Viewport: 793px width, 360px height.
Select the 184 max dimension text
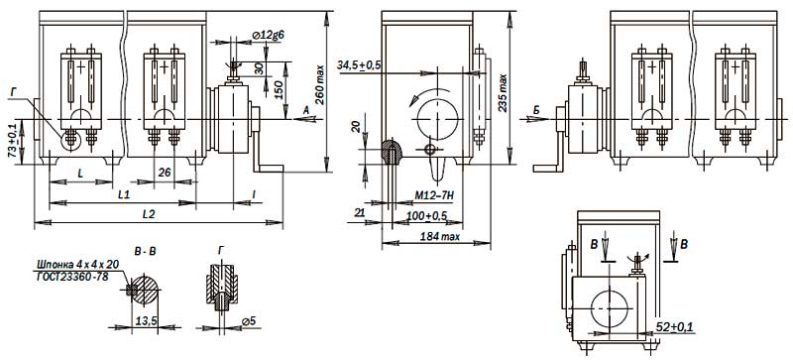[x=439, y=236]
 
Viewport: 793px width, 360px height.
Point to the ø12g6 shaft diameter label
[x=267, y=35]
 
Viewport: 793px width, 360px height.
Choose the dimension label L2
[x=148, y=214]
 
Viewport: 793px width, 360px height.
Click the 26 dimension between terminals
[x=164, y=173]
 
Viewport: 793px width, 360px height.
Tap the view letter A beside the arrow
[x=305, y=110]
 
